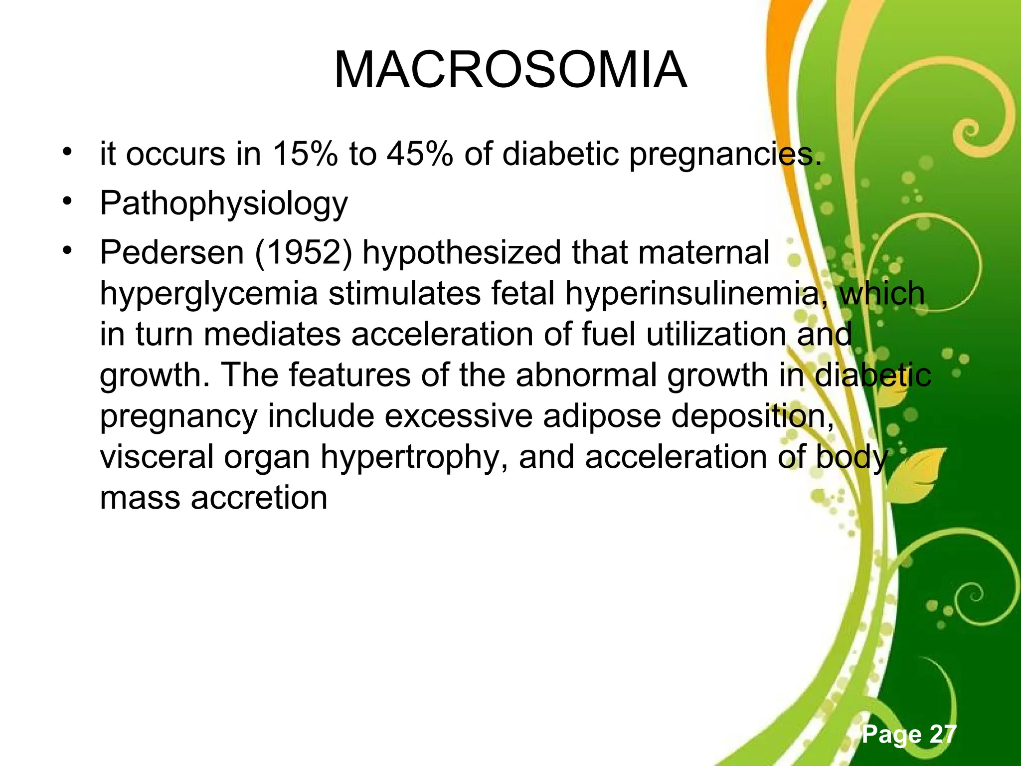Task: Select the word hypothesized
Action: pos(462,253)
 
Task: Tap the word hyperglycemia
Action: pos(208,294)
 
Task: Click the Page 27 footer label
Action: pos(909,734)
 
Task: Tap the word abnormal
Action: pos(586,375)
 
